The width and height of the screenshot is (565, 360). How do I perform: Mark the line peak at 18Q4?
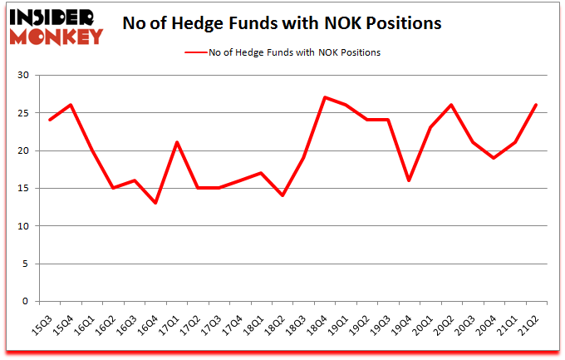coord(325,97)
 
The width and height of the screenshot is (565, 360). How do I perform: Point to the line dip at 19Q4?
coord(410,180)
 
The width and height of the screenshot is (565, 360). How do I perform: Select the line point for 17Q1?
coord(176,142)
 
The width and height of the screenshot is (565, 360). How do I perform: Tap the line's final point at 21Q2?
coord(537,105)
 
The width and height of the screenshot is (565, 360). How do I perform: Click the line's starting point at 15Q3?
coord(49,120)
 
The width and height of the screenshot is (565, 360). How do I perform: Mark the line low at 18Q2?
coord(282,195)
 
